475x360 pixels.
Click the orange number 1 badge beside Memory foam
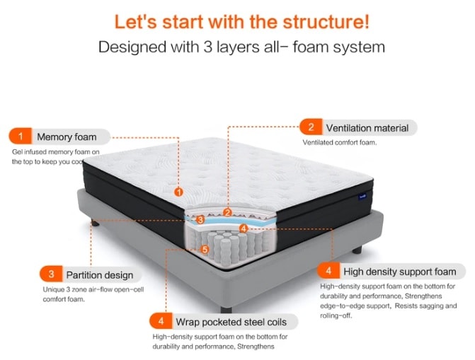[x=21, y=136]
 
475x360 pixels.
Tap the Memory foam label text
[x=67, y=137]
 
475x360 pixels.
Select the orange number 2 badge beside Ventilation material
[x=310, y=127]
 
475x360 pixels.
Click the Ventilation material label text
[x=367, y=128]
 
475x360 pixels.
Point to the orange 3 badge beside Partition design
[x=51, y=274]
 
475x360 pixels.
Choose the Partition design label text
[x=99, y=275]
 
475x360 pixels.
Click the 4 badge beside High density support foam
[x=328, y=272]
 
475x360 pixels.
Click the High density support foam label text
[x=399, y=272]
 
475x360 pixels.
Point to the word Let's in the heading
[x=136, y=21]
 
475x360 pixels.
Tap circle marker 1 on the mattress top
[x=178, y=192]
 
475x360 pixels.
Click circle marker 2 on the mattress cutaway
[x=227, y=212]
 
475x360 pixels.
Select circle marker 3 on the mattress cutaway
[x=200, y=220]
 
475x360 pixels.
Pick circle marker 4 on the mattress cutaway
[x=243, y=228]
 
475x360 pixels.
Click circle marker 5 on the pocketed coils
[x=205, y=249]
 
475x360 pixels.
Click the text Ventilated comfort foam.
[x=340, y=142]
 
